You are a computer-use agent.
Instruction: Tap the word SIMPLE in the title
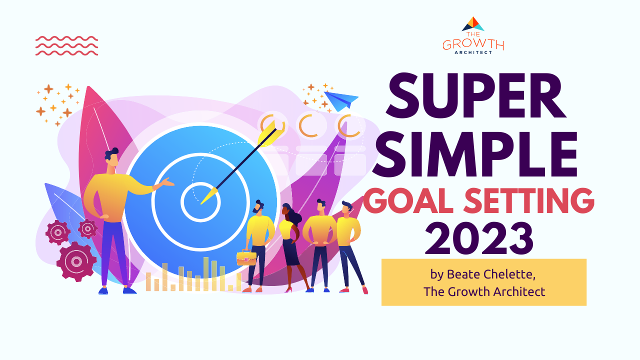475,154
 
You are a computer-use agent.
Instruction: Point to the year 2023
479,239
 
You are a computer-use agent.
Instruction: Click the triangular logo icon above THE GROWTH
473,23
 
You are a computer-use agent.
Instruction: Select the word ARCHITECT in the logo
473,52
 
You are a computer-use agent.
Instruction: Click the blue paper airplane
341,100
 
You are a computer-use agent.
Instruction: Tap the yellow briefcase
246,257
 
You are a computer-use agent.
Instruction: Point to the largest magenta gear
76,261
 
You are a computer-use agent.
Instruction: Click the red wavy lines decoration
67,45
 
